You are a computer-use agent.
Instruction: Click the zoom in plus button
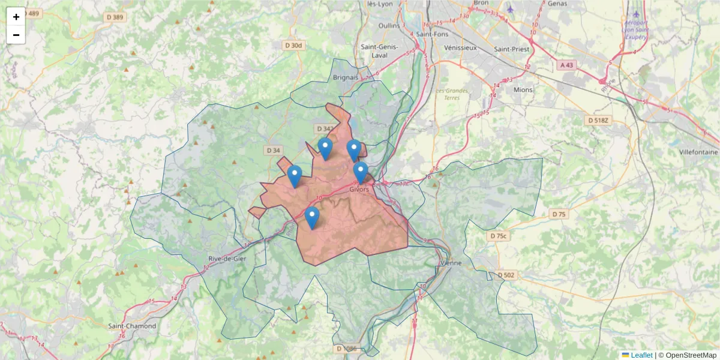pos(16,17)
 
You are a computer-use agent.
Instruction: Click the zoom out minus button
pos(16,35)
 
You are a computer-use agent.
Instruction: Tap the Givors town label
pos(359,189)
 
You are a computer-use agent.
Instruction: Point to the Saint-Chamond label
pos(132,326)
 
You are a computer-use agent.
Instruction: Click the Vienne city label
pos(449,263)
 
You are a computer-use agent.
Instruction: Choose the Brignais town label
pos(346,77)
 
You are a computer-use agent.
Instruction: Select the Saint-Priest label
pos(511,49)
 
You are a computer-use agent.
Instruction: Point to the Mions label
pos(523,89)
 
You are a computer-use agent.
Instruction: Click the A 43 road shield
pos(567,65)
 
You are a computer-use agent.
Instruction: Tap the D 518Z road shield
pos(598,121)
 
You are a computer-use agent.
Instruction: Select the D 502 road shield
pos(506,275)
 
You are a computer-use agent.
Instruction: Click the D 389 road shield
pos(115,17)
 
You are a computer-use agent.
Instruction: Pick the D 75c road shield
pos(499,236)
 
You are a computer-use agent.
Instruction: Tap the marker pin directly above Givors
pos(361,172)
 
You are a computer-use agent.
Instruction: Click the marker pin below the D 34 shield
pos(295,176)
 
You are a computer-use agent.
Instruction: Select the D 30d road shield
pos(295,46)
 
